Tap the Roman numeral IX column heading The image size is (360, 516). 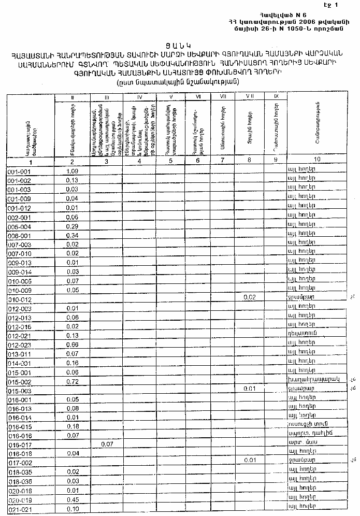(x=276, y=96)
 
